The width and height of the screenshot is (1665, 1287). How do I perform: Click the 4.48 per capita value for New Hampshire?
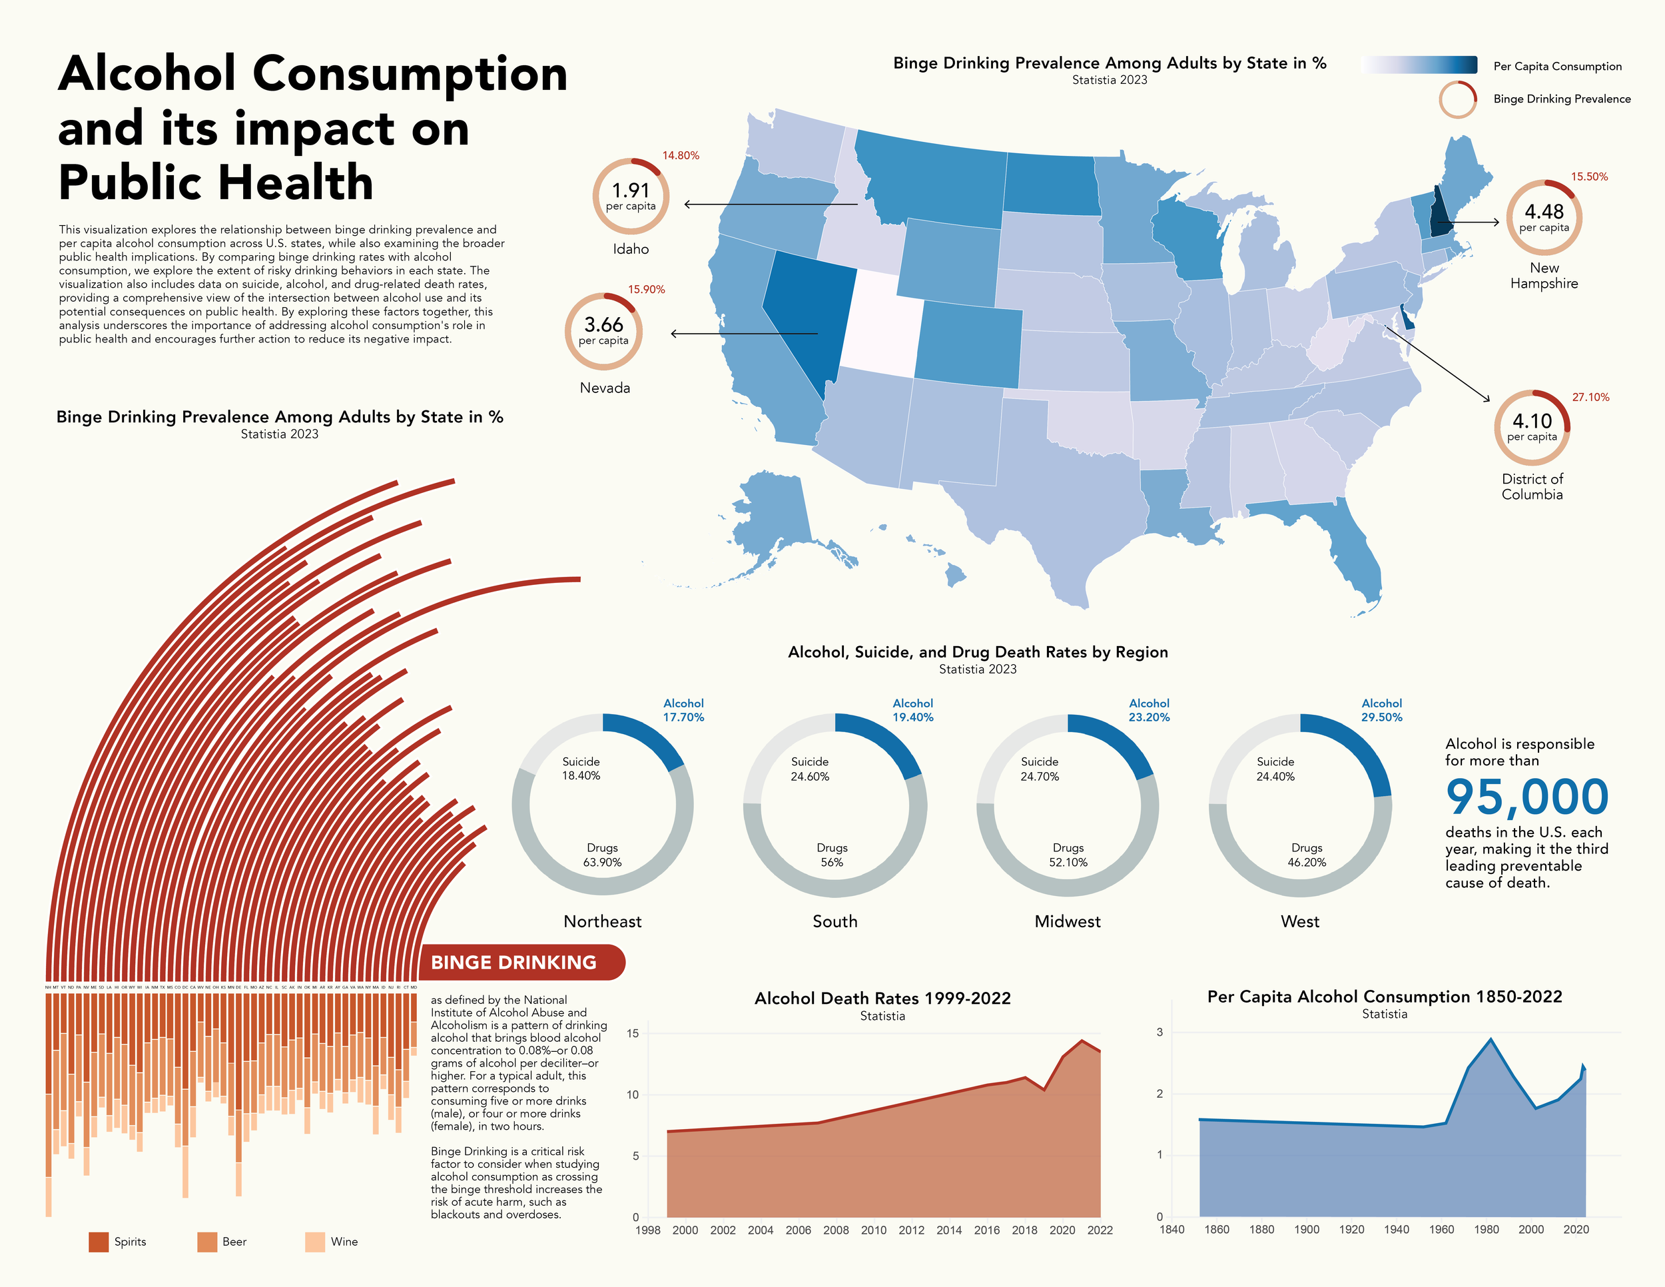1544,212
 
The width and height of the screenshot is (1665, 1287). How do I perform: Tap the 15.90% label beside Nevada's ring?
647,290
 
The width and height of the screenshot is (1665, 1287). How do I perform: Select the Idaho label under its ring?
631,249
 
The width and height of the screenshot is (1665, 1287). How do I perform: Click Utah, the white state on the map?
880,324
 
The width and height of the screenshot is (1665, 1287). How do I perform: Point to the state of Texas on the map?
1060,488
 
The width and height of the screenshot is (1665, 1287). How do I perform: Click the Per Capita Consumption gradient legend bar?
1419,65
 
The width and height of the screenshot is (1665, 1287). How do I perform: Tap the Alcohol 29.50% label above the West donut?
1381,710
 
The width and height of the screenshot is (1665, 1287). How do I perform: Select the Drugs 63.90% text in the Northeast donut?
602,855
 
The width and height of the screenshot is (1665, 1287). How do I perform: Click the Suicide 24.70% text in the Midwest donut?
1039,769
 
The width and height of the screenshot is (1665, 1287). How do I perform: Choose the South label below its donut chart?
834,921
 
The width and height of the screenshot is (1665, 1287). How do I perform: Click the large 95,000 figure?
1526,797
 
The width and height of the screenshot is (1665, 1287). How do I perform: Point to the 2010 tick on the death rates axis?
874,1230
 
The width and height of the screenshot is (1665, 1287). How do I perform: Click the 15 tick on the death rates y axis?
632,1033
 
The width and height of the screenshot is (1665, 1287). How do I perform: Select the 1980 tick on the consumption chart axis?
1486,1229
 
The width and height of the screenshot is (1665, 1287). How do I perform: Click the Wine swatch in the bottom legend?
315,1242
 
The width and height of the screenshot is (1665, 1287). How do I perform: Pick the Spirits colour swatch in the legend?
99,1242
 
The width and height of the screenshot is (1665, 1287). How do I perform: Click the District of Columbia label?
1532,486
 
